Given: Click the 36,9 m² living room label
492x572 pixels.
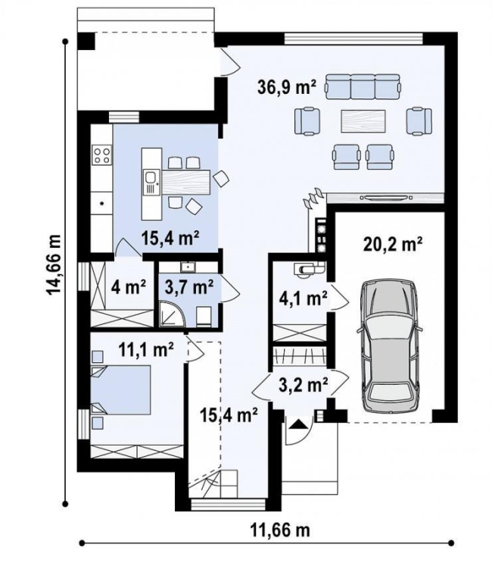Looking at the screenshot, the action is (286, 88).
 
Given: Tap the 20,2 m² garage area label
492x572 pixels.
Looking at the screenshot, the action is (393, 245).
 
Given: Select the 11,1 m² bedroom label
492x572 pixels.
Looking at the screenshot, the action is (146, 350).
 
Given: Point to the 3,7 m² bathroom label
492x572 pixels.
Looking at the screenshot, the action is (189, 288).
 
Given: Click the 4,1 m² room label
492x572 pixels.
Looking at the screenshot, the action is (303, 299).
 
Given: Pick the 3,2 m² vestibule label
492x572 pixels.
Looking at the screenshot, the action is (303, 384).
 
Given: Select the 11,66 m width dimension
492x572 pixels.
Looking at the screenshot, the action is (280, 530).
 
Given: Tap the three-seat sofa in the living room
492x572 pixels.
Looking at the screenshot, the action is (363, 87).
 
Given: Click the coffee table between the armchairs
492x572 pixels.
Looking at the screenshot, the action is (363, 120).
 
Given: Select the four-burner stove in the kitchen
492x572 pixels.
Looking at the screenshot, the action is (101, 155).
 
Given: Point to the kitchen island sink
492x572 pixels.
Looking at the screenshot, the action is (150, 183).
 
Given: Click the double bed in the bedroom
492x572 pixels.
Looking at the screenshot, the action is (120, 389).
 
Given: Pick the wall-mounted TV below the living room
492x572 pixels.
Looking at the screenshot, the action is (386, 198).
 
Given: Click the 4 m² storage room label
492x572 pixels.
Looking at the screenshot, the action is (129, 287).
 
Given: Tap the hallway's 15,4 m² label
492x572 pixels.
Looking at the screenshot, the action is (229, 414).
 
